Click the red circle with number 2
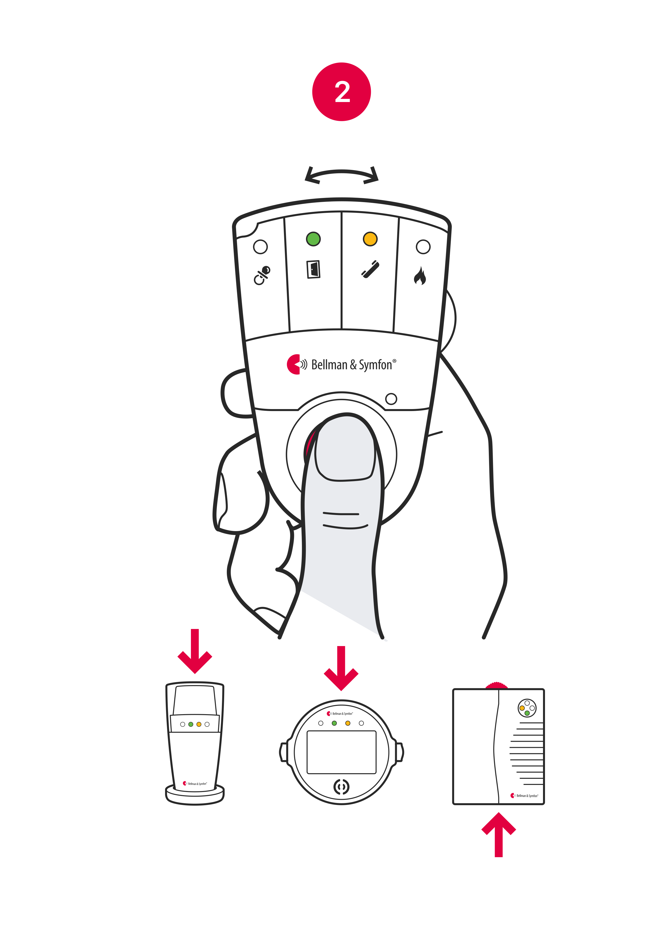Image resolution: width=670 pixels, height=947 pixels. (x=342, y=92)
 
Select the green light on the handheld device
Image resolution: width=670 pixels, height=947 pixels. (x=313, y=239)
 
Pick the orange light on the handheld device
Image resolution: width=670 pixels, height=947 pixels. (x=370, y=239)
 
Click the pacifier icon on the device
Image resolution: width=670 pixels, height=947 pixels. (x=262, y=276)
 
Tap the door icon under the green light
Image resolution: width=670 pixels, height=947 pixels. (x=314, y=269)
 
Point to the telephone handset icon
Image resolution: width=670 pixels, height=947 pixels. (x=370, y=269)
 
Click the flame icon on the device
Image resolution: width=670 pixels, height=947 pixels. (x=420, y=276)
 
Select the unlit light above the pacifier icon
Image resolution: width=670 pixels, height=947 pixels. (x=260, y=247)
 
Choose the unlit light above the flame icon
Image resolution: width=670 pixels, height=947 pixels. (x=423, y=247)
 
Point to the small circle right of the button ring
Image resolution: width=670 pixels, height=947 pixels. (x=391, y=399)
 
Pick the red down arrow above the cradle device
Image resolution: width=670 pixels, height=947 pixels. (x=195, y=652)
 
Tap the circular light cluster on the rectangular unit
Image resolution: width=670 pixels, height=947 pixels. (x=527, y=708)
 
